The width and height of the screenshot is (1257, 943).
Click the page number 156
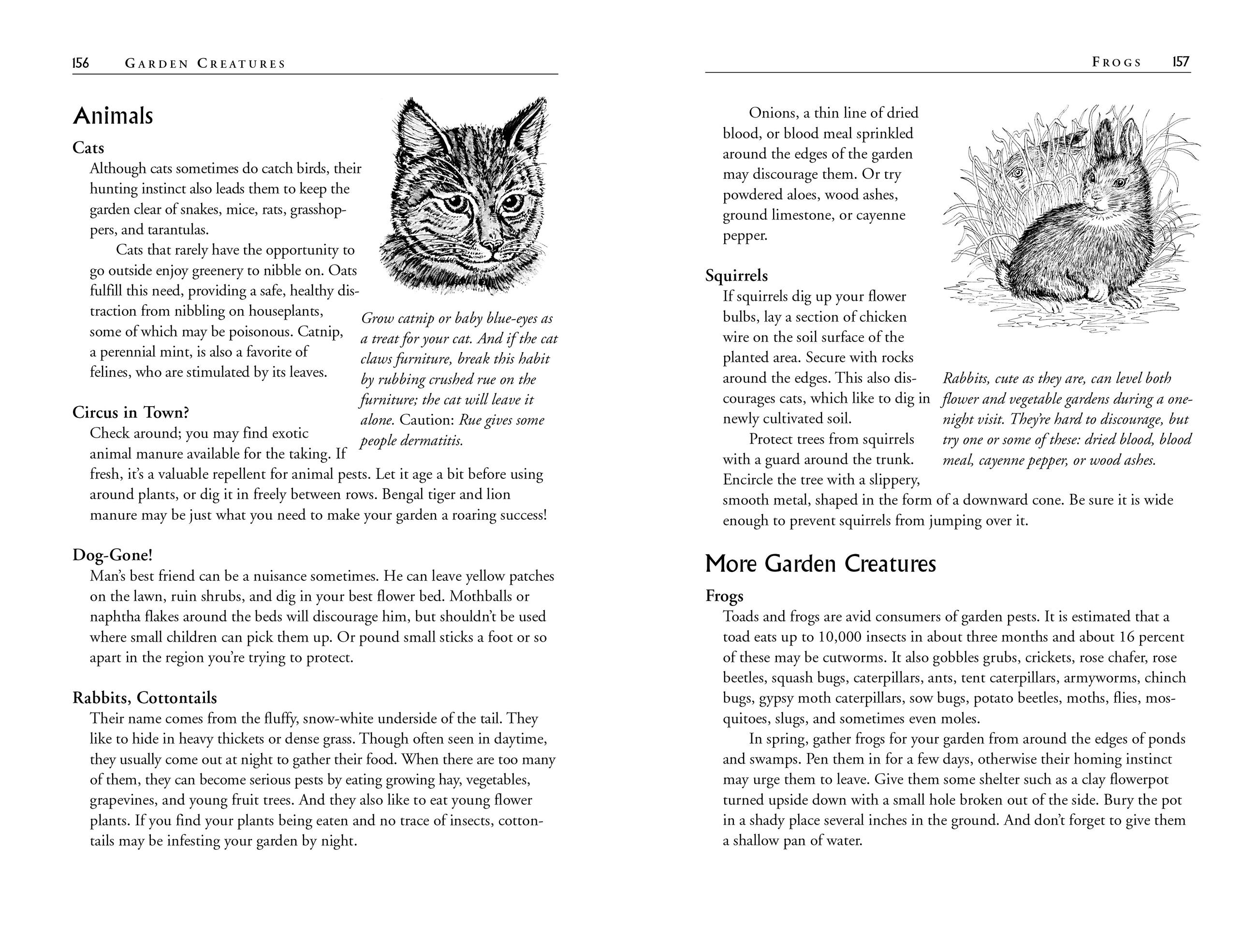(x=81, y=63)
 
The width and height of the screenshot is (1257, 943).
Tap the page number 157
(x=1181, y=62)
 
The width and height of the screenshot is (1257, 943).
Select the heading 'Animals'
(x=113, y=116)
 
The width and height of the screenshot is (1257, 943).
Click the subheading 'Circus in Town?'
(x=131, y=412)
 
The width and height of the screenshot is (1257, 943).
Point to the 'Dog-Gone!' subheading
(x=113, y=555)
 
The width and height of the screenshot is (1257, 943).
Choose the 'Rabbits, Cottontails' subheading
(x=145, y=697)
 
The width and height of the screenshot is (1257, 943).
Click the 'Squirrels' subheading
(x=736, y=276)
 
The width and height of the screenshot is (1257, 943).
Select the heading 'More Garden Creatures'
(x=820, y=564)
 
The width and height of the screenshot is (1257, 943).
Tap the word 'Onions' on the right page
(x=772, y=113)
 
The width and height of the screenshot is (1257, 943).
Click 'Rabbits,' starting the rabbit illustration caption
(x=966, y=378)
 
